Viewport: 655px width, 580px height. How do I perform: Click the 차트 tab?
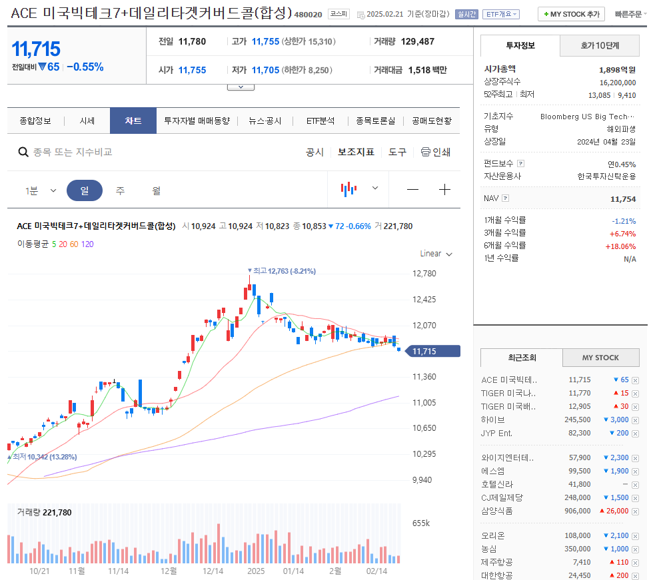pyautogui.click(x=133, y=121)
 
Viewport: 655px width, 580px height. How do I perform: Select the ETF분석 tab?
pyautogui.click(x=320, y=121)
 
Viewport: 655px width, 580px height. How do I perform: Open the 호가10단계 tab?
pyautogui.click(x=600, y=46)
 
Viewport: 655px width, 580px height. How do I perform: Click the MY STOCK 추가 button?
pyautogui.click(x=571, y=14)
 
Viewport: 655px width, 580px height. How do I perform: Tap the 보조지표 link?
pyautogui.click(x=356, y=152)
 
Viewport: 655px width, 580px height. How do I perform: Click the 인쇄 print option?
pyautogui.click(x=436, y=152)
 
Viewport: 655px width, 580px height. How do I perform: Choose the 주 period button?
pyautogui.click(x=120, y=190)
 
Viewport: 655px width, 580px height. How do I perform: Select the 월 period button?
pyautogui.click(x=156, y=190)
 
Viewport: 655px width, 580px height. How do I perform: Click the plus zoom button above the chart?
pyautogui.click(x=444, y=190)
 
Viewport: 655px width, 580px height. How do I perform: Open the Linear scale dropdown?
pyautogui.click(x=436, y=254)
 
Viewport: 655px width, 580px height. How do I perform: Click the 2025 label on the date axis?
pyautogui.click(x=256, y=571)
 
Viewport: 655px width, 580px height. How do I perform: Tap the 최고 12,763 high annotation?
pyautogui.click(x=284, y=271)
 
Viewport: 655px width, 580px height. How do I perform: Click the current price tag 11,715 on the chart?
pyautogui.click(x=432, y=352)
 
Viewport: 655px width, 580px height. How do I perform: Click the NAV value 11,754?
pyautogui.click(x=622, y=199)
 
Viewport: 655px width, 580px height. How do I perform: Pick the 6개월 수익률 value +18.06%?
pyautogui.click(x=620, y=246)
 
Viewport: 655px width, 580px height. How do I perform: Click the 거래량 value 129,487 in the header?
pyautogui.click(x=417, y=41)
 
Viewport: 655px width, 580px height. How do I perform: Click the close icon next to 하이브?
pyautogui.click(x=635, y=420)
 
